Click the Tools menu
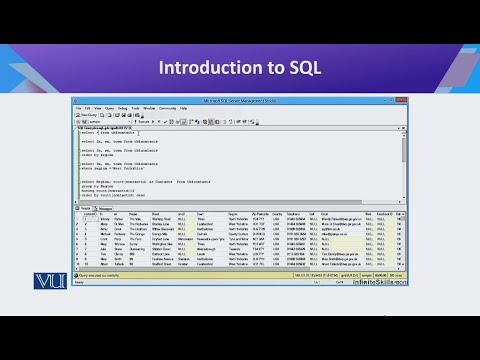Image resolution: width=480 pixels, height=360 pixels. [x=133, y=106]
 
